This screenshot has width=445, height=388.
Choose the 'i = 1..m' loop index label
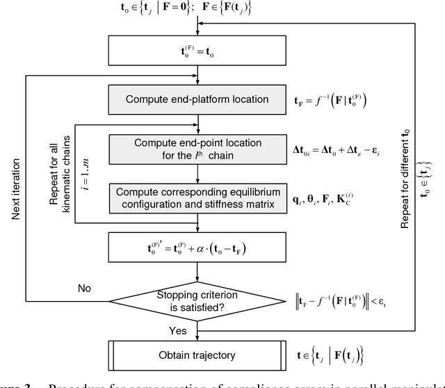(87, 174)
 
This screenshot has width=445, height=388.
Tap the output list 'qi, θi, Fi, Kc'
(333, 197)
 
